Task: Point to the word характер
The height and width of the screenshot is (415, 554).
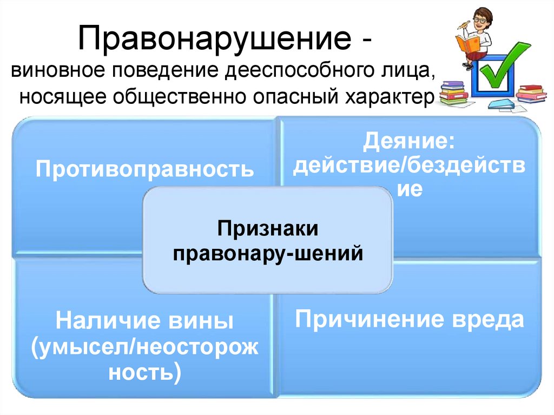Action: pos(393,95)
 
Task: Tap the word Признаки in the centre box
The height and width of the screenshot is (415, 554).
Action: pos(268,229)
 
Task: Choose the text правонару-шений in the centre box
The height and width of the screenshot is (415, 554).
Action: pos(268,253)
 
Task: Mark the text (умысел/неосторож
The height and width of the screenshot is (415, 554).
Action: pos(145,348)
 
